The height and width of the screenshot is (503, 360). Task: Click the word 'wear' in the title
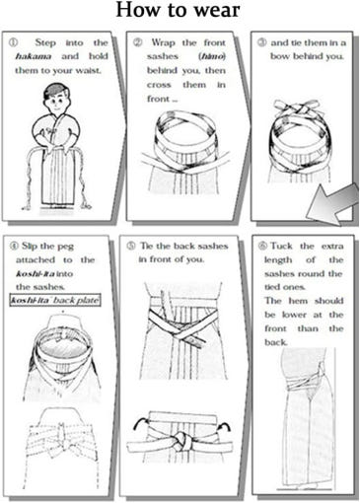[x=216, y=11]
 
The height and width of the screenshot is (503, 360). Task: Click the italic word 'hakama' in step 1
[x=34, y=56]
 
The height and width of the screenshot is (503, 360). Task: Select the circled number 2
[x=137, y=42]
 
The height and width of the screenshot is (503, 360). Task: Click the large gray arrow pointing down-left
[x=332, y=204]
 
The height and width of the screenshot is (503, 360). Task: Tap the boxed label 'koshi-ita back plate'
[x=55, y=300]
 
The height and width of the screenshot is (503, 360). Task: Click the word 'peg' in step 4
[x=65, y=247]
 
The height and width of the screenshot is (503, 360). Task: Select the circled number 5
[x=131, y=246]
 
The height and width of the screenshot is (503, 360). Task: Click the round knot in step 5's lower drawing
[x=180, y=442]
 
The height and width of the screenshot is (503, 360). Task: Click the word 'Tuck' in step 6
[x=281, y=247]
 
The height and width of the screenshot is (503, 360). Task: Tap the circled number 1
[x=13, y=42]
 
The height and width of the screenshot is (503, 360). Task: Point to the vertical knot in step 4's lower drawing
[x=61, y=436]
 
